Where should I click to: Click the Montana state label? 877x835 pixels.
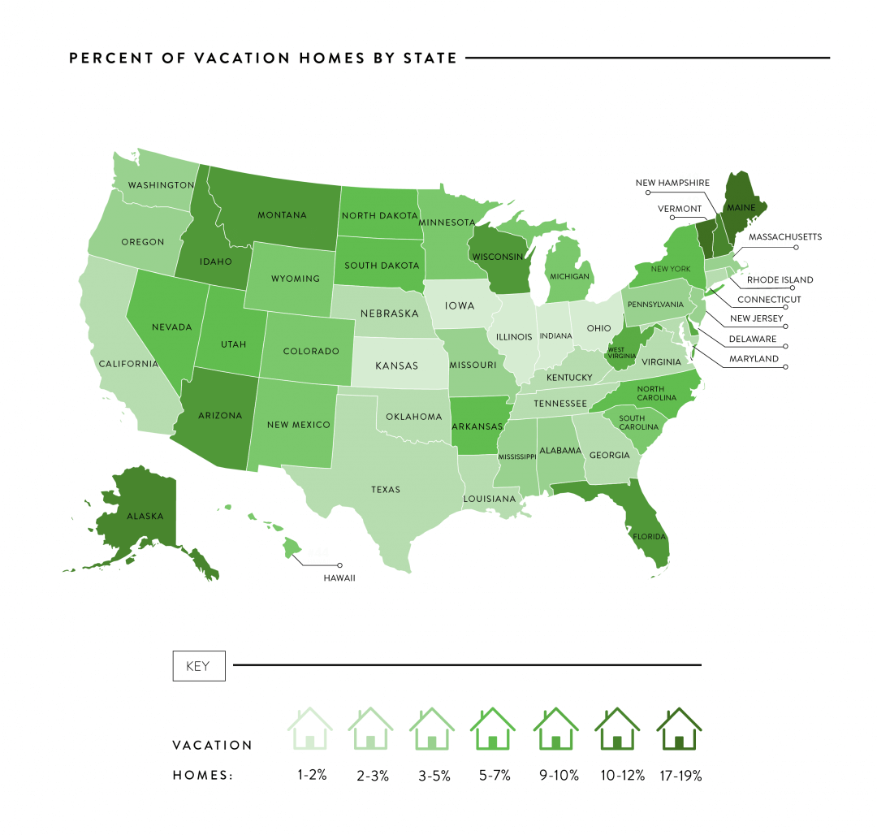[282, 215]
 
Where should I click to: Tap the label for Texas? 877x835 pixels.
[386, 490]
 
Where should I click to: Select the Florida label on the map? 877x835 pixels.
[650, 537]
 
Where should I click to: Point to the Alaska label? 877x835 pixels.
[145, 516]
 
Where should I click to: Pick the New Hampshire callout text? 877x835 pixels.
[672, 183]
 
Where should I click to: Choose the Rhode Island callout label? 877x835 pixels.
[780, 280]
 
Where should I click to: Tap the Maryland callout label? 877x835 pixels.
[753, 358]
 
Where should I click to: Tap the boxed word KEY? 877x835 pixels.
[198, 666]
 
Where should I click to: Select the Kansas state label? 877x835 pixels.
[397, 366]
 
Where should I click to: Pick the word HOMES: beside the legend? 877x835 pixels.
[203, 776]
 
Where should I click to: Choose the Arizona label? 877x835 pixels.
[220, 416]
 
